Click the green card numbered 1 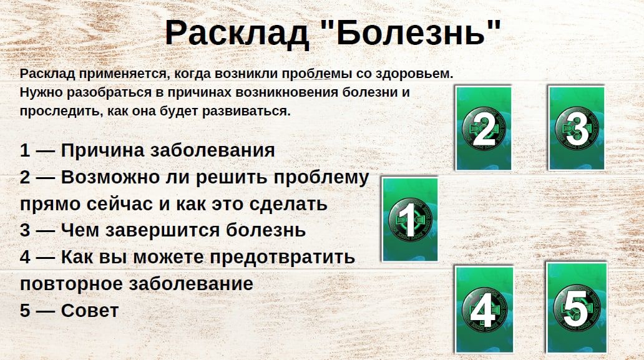click(410, 219)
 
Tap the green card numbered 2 click(484, 128)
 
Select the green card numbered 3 click(576, 128)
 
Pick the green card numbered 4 click(484, 309)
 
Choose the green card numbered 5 click(577, 308)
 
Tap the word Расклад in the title click(237, 33)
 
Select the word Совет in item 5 click(89, 310)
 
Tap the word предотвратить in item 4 click(282, 258)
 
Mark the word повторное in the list click(72, 284)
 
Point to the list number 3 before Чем click(25, 230)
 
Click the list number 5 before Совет click(25, 311)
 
